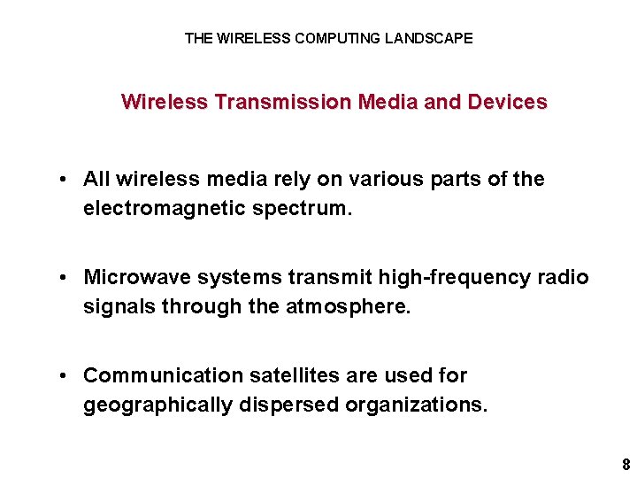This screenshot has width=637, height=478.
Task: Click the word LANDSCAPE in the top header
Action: pyautogui.click(x=429, y=39)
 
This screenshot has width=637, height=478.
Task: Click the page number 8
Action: pyautogui.click(x=625, y=465)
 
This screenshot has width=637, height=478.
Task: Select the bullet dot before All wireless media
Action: pyautogui.click(x=65, y=180)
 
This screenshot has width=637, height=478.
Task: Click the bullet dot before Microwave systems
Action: pyautogui.click(x=65, y=278)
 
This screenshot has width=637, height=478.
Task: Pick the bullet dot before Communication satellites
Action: pyautogui.click(x=65, y=376)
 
